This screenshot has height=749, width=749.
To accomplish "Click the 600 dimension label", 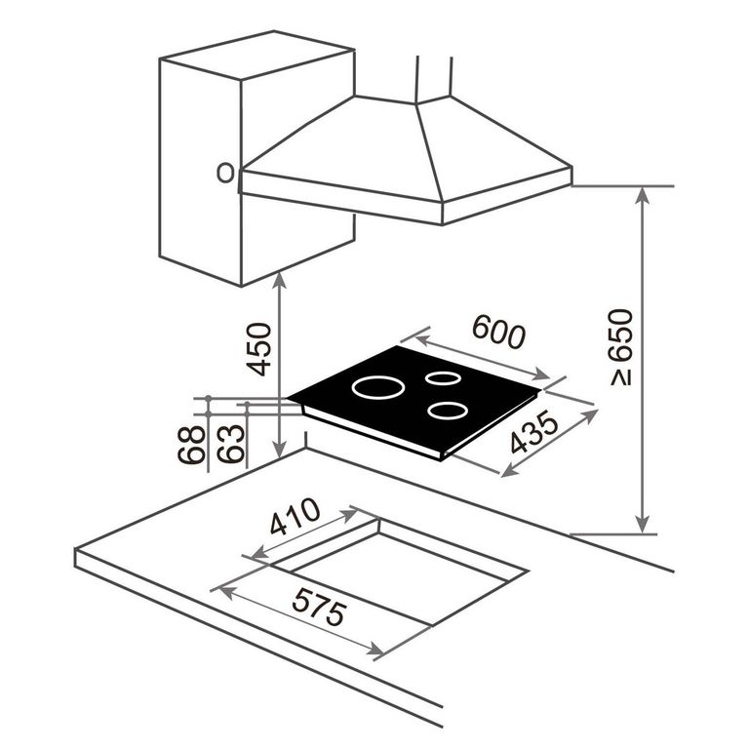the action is click(498, 331).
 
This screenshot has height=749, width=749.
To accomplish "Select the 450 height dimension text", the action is click(258, 349).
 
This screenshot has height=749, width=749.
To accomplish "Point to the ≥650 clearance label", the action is click(621, 347).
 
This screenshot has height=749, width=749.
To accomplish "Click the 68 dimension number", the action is click(191, 445).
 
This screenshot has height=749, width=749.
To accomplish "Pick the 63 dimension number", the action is click(231, 445).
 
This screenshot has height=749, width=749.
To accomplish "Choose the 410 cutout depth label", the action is click(295, 516).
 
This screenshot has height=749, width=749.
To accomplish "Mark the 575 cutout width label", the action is click(319, 607).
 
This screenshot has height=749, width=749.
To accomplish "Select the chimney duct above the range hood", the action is click(434, 79).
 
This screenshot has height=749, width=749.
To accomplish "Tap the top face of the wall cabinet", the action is click(257, 55).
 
